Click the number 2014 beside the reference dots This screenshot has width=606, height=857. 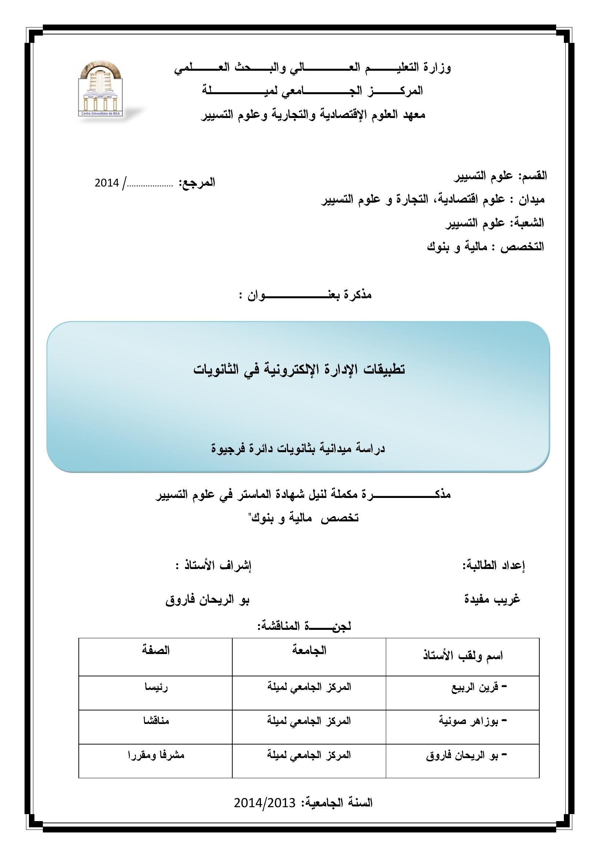107,183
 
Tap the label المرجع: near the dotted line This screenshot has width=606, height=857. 197,183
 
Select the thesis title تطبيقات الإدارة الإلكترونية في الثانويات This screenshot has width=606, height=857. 299,369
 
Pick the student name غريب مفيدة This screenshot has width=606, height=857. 492,599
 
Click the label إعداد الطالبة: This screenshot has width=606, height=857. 494,565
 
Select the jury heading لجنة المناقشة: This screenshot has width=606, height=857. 304,626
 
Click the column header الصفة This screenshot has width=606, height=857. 156,650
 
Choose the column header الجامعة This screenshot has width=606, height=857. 309,650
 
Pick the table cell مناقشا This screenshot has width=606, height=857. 156,721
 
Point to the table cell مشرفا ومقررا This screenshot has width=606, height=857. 156,755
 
